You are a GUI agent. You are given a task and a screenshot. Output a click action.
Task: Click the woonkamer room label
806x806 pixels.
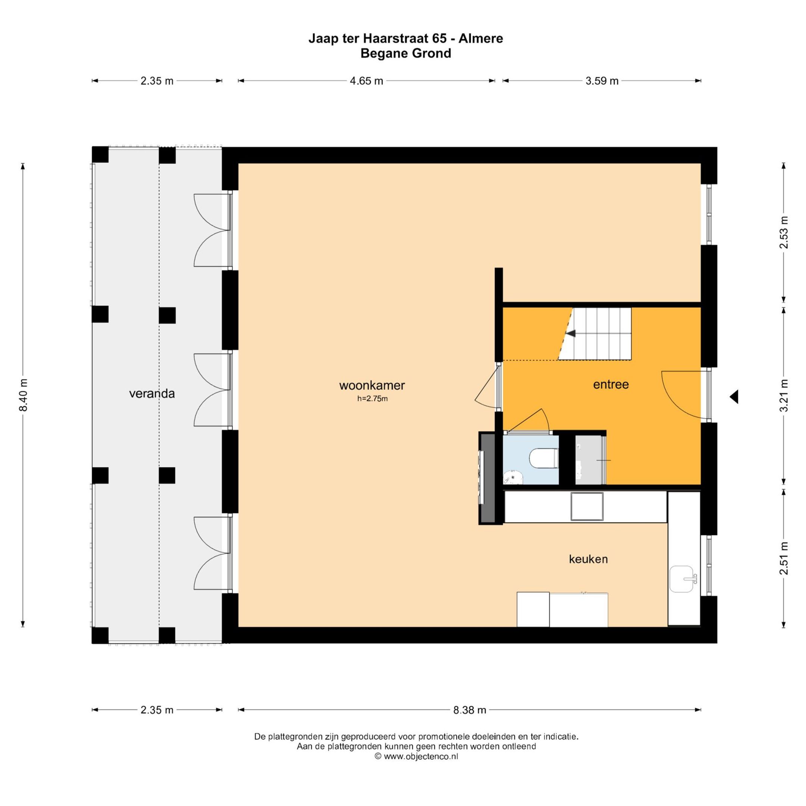coord(372,385)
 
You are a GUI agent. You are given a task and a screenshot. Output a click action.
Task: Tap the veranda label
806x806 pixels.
coord(152,393)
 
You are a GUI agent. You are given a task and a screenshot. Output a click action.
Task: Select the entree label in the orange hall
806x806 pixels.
coord(611,384)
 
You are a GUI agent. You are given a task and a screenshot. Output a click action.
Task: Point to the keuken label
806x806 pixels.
coord(588,559)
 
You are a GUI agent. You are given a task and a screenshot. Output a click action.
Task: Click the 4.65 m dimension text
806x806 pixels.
coord(366,81)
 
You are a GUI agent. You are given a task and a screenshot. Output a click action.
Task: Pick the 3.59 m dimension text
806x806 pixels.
coord(602,81)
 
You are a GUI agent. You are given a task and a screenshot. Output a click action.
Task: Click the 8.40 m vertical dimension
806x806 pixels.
coord(24,395)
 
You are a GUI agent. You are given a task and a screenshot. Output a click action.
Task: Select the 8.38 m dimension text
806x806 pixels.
coord(470,710)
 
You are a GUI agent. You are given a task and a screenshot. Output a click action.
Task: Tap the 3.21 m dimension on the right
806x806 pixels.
coord(784,396)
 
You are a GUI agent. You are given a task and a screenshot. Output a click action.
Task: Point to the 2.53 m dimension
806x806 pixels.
coord(784,232)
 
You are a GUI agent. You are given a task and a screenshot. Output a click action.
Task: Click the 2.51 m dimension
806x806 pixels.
coord(784,558)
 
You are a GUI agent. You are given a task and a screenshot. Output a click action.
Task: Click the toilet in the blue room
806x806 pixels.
coord(544,459)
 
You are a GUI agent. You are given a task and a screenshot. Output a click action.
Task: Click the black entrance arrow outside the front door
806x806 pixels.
coord(734,397)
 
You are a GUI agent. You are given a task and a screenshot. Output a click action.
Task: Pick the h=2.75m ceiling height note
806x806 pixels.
coord(372,399)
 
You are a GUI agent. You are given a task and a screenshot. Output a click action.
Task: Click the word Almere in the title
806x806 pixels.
coord(481,38)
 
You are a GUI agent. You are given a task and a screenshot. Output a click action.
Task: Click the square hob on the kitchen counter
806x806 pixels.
coord(587,506)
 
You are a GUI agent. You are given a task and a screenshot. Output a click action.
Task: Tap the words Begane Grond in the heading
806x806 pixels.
coord(406,53)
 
